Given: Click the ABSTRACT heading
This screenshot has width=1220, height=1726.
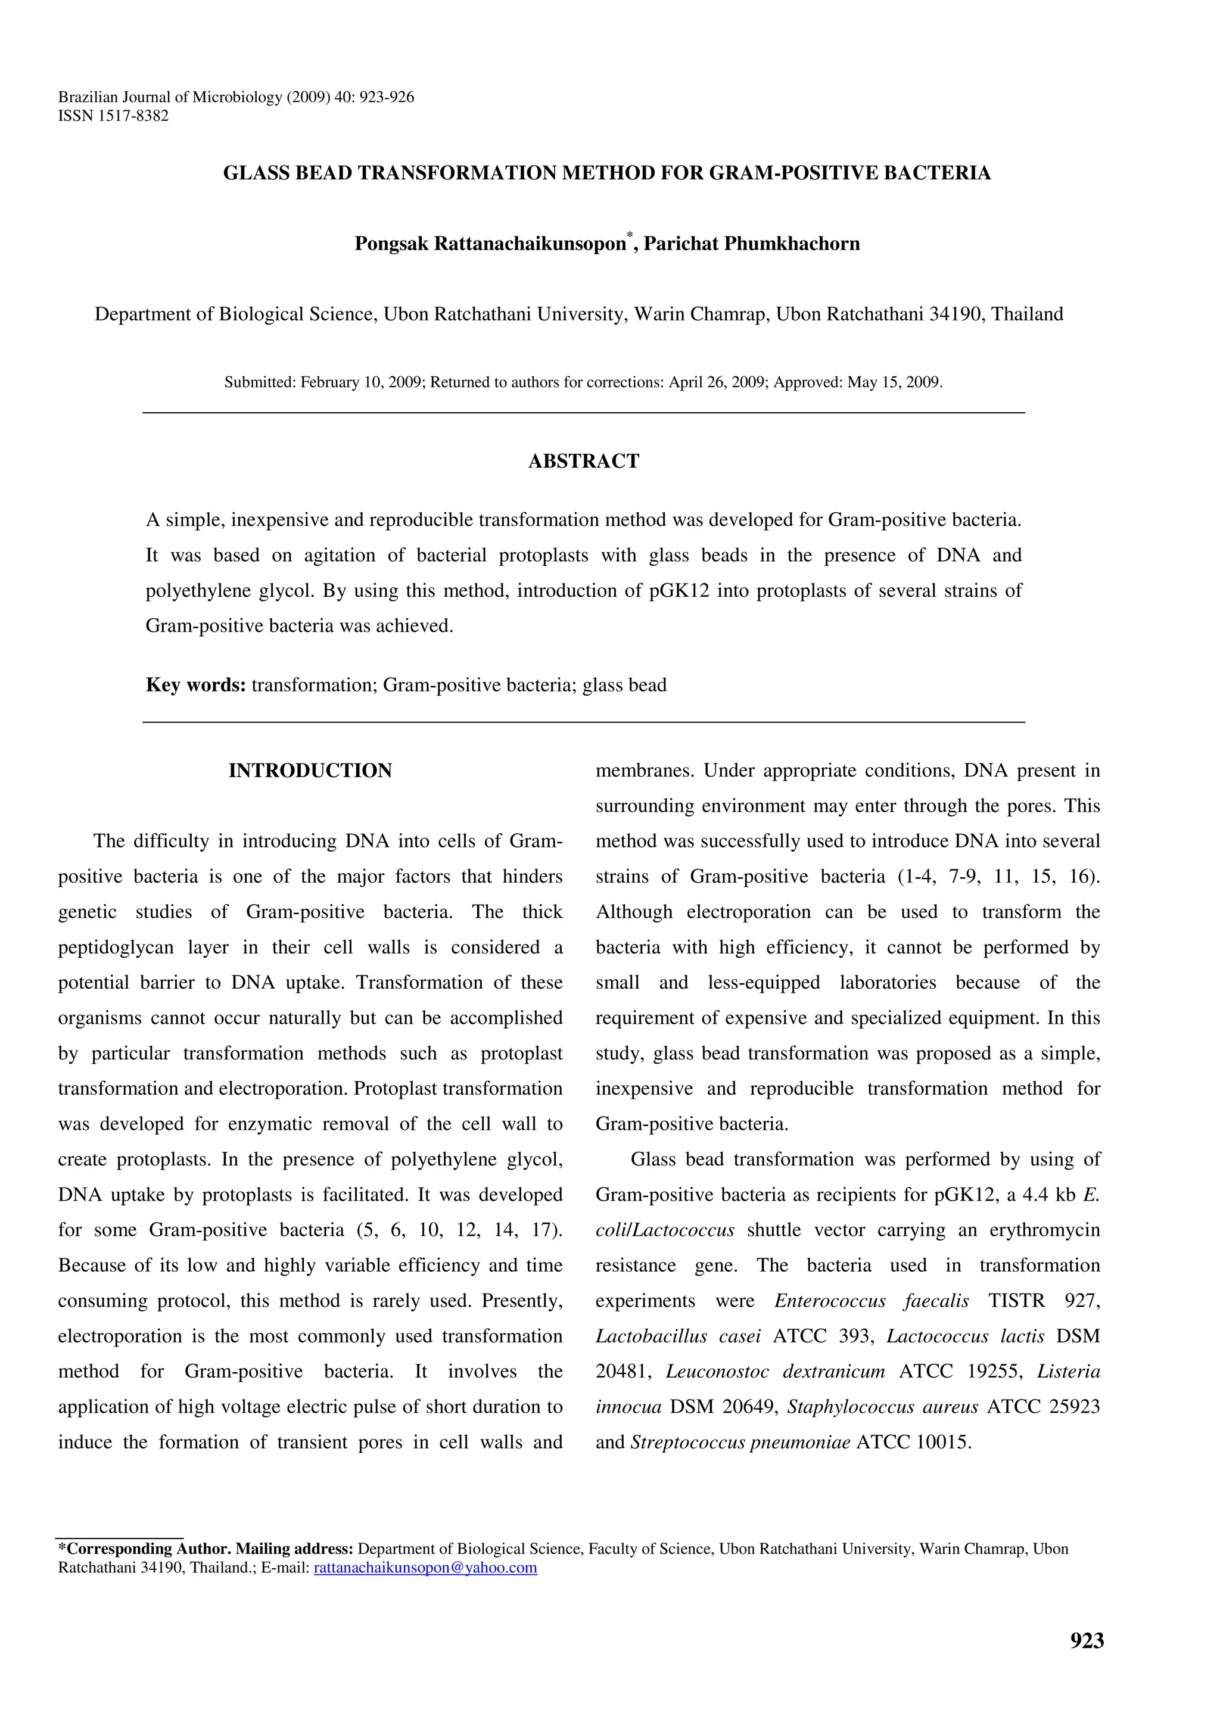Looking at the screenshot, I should click(x=583, y=461).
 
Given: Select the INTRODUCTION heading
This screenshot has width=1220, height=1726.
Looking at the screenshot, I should click(x=310, y=771).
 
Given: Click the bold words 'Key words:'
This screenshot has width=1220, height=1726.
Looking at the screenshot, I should click(x=195, y=685).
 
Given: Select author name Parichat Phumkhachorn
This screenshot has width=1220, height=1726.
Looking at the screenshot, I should click(x=752, y=244).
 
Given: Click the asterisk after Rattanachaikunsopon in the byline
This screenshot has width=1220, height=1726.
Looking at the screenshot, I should click(x=630, y=238).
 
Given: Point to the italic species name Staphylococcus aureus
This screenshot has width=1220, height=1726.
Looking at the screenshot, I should click(x=882, y=1407).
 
